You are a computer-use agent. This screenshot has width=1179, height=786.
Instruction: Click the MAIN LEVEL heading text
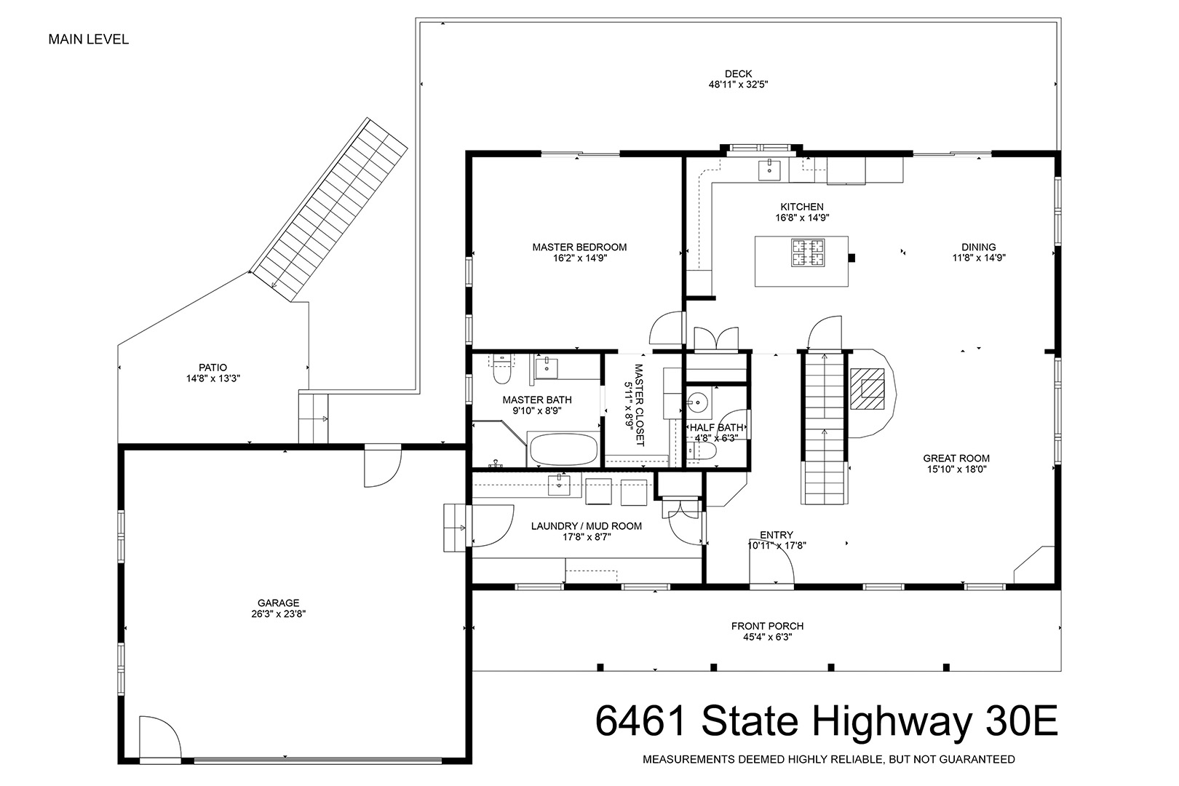tap(89, 39)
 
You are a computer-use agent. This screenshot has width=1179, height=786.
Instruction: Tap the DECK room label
tap(738, 74)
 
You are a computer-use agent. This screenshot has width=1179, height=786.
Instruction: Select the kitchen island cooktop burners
tap(808, 253)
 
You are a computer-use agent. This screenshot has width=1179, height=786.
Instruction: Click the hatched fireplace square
tap(867, 389)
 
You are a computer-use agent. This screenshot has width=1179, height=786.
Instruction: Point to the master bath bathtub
tap(563, 449)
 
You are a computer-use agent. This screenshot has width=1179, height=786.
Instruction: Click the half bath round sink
tap(698, 403)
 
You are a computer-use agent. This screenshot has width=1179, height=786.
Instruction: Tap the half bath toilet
tap(702, 452)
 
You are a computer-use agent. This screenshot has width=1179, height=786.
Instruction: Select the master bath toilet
tap(501, 370)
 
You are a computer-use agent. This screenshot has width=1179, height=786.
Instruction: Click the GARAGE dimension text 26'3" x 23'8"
tap(279, 614)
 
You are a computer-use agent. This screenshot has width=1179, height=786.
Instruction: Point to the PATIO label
tap(213, 368)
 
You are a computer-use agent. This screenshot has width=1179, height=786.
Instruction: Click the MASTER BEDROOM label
tap(579, 247)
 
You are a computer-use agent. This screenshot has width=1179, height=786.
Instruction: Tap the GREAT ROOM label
tap(956, 458)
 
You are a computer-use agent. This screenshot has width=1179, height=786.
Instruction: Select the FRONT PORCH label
tap(767, 626)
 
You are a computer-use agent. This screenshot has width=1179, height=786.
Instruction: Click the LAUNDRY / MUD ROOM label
tap(587, 526)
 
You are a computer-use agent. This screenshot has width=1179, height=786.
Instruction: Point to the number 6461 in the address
tap(641, 720)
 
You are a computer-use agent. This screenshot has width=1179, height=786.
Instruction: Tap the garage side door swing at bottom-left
tap(160, 737)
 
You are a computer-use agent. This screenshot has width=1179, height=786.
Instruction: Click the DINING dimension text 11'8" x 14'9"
tap(979, 258)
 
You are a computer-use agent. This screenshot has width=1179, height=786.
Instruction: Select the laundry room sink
tap(559, 485)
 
